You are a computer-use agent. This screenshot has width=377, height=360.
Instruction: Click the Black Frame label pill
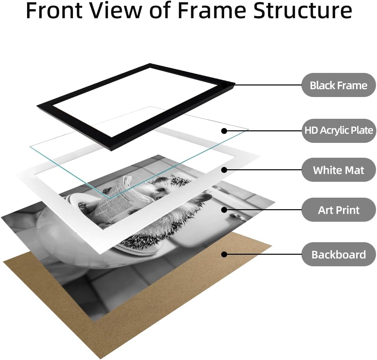(338, 85)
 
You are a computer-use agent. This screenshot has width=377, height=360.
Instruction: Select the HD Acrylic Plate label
(338, 130)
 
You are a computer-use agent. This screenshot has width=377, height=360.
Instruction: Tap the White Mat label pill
(338, 170)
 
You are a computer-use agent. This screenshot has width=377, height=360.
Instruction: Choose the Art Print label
(338, 210)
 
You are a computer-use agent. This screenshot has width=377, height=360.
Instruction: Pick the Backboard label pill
(338, 254)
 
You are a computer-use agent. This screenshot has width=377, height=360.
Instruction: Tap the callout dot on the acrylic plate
(224, 131)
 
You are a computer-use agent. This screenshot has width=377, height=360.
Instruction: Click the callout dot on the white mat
(224, 170)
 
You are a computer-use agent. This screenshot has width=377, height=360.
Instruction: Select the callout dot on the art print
(224, 210)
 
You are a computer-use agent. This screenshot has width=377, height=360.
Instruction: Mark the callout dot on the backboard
(224, 254)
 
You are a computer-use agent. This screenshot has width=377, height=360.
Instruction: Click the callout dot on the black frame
(224, 85)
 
